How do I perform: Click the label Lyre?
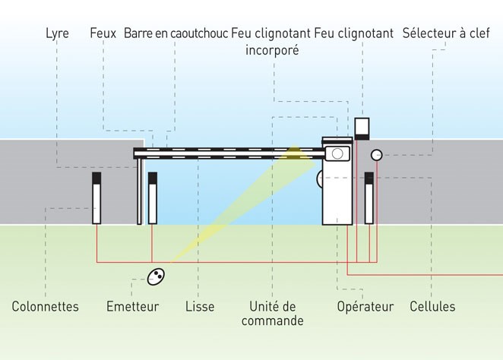[57, 33]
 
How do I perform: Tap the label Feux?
[103, 33]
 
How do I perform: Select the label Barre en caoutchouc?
[176, 33]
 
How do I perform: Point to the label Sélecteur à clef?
[446, 33]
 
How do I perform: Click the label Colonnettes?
[46, 307]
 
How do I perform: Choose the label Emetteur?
[132, 307]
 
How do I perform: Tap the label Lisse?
[200, 307]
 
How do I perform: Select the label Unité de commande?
[273, 314]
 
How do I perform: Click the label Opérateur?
[365, 307]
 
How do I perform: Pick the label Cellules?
[432, 307]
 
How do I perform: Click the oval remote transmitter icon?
[156, 277]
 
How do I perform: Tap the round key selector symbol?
[376, 155]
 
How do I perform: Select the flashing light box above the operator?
[362, 128]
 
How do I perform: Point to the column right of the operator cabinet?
[369, 198]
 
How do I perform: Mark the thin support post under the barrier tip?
[139, 191]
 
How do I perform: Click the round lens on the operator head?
[336, 153]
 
